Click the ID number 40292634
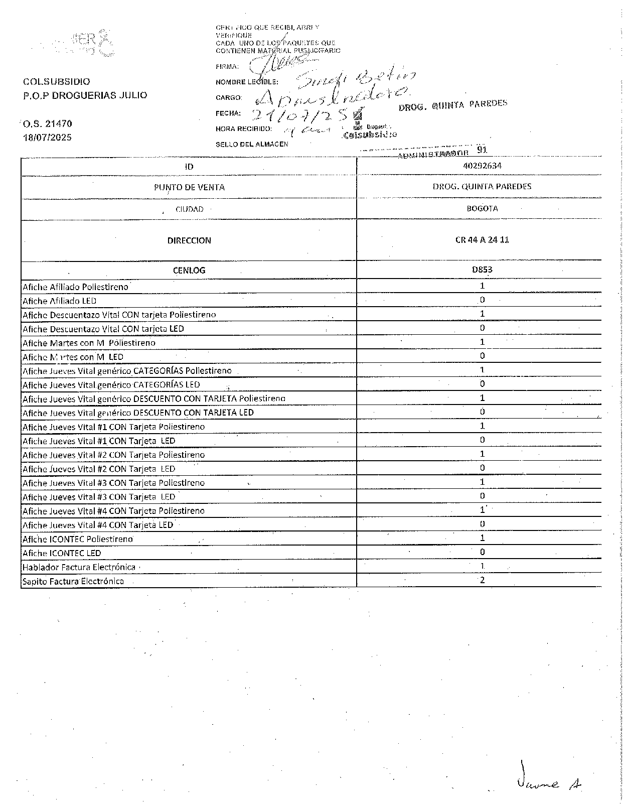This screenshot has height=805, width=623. click(x=482, y=166)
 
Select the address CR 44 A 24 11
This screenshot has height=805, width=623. click(x=482, y=240)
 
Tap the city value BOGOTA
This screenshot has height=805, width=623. click(x=482, y=209)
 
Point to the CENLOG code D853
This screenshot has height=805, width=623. click(x=482, y=270)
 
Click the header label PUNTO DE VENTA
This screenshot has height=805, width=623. click(x=189, y=187)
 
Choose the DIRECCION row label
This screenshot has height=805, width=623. click(x=189, y=240)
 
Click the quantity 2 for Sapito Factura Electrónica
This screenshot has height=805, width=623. click(x=482, y=580)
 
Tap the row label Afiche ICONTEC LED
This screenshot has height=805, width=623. click(x=62, y=553)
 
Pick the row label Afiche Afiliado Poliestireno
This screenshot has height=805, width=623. click(x=75, y=287)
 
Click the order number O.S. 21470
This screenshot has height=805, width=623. click(x=48, y=123)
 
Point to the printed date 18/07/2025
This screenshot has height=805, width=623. click(x=48, y=137)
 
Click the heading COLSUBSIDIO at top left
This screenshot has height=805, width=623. click(x=57, y=81)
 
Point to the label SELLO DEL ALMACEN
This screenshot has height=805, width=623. click(x=252, y=145)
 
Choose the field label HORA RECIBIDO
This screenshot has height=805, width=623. click(x=244, y=129)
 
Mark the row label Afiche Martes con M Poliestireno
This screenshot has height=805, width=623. click(x=89, y=343)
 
